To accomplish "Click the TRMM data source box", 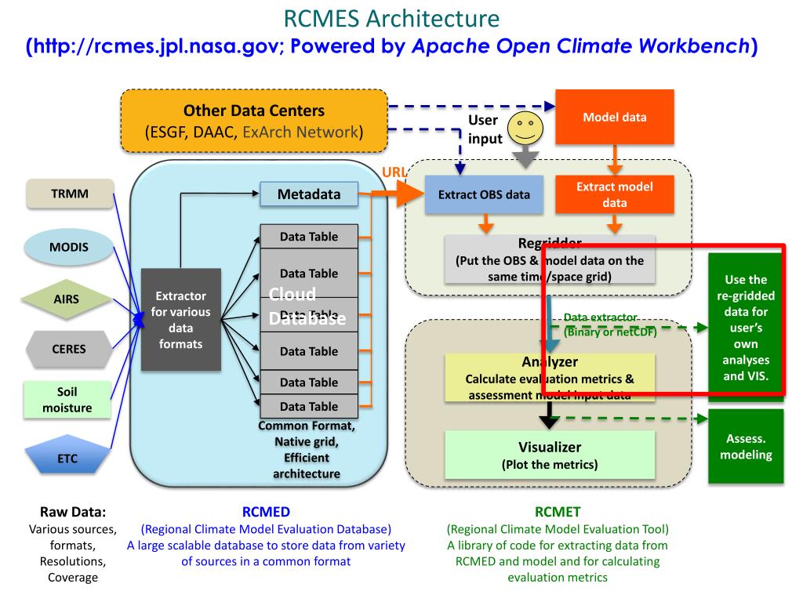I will coord(69,194).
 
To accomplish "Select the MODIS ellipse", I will coord(69,247).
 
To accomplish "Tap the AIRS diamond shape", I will coord(66,299).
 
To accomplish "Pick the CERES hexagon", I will coord(69,350).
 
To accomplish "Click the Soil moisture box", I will coord(68,400).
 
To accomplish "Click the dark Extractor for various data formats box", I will coord(180,319).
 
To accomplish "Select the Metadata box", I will coord(308,194).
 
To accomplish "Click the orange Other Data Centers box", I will coord(254,121).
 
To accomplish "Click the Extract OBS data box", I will coord(483,194).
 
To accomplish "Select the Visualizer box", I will coord(550,455).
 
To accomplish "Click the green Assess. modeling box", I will coord(746,447).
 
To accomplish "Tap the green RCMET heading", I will coord(558,513).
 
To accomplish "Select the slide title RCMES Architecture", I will coord(391,18).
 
